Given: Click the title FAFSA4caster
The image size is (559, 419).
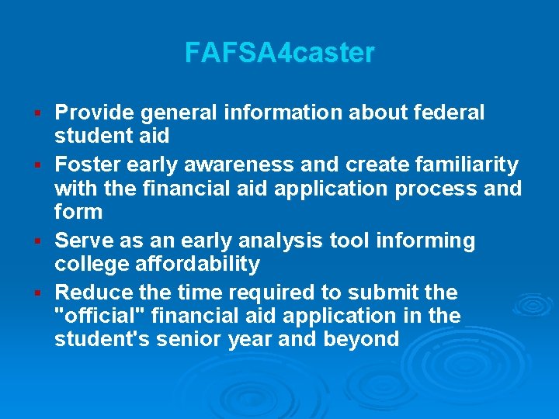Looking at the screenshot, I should pyautogui.click(x=279, y=54).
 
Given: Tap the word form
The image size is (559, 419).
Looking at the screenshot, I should pyautogui.click(x=78, y=212).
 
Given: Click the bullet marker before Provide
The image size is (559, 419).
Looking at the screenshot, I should pyautogui.click(x=37, y=114).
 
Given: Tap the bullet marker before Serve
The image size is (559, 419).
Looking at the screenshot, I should pyautogui.click(x=37, y=242).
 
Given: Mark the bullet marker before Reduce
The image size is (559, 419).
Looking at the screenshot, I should pyautogui.click(x=37, y=294).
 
